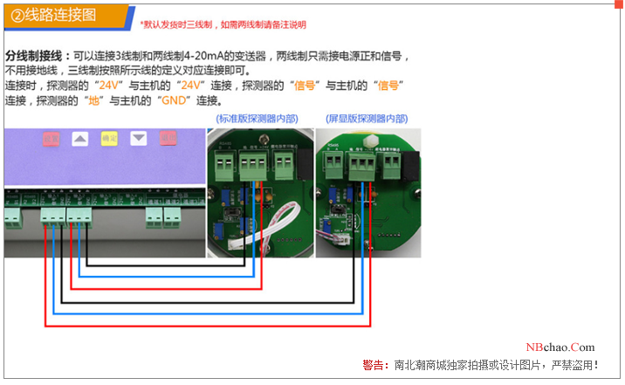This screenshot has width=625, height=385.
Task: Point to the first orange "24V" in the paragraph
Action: [109, 86]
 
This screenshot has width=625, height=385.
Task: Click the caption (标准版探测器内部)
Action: [255, 119]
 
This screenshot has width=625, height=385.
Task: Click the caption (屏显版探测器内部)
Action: [366, 119]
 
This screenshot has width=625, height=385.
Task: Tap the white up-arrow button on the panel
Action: [79, 138]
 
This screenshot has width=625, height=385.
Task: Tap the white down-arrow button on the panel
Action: [138, 138]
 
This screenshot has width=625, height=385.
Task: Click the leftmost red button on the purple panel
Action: [51, 138]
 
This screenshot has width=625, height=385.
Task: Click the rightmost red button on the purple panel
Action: [167, 138]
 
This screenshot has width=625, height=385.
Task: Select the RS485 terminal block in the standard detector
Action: [223, 165]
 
